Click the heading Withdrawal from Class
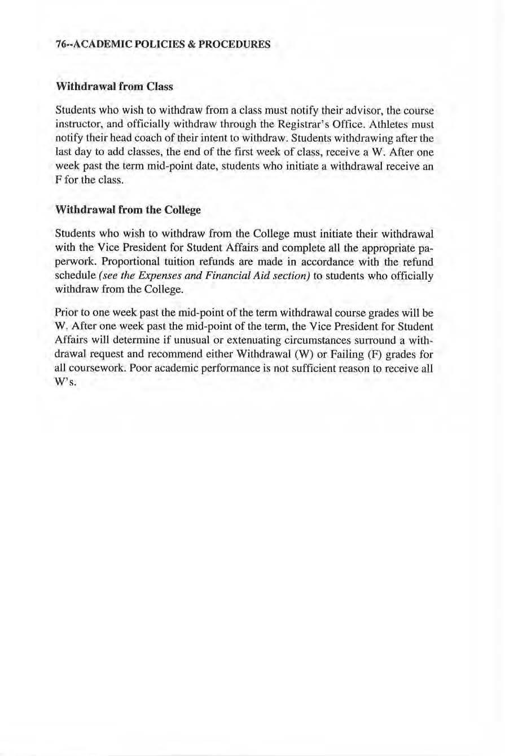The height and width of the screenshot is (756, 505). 114,87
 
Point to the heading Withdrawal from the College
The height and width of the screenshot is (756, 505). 128,210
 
